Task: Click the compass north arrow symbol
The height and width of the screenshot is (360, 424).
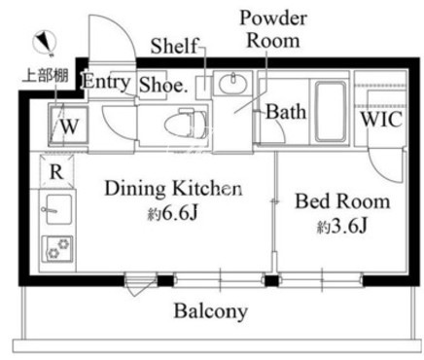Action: click(x=44, y=42)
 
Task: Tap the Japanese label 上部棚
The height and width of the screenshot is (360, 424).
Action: click(x=45, y=76)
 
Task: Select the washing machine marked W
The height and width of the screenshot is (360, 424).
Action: click(x=68, y=125)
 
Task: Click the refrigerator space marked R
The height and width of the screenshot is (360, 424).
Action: click(x=56, y=171)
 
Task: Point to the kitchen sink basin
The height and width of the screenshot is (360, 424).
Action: click(x=58, y=209)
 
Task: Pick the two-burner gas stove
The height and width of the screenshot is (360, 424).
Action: click(x=57, y=249)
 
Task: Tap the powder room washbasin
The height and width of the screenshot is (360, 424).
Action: click(x=232, y=84)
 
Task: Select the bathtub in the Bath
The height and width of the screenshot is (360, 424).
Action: click(x=330, y=112)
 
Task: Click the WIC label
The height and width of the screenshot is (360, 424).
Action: click(x=381, y=120)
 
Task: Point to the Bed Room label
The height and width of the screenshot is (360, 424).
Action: click(x=342, y=201)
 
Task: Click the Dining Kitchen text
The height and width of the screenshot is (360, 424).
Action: click(x=173, y=189)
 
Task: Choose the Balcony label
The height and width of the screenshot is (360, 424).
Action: click(x=211, y=310)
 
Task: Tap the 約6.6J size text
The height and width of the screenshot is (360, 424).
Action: click(x=172, y=213)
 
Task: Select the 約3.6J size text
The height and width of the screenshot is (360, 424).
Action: click(x=342, y=227)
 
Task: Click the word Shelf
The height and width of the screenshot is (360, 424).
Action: click(x=174, y=46)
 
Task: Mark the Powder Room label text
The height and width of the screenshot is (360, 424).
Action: click(x=273, y=29)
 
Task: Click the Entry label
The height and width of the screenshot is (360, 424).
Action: click(x=106, y=82)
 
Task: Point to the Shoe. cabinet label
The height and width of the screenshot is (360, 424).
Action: click(x=163, y=85)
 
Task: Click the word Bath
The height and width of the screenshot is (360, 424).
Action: click(x=286, y=112)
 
